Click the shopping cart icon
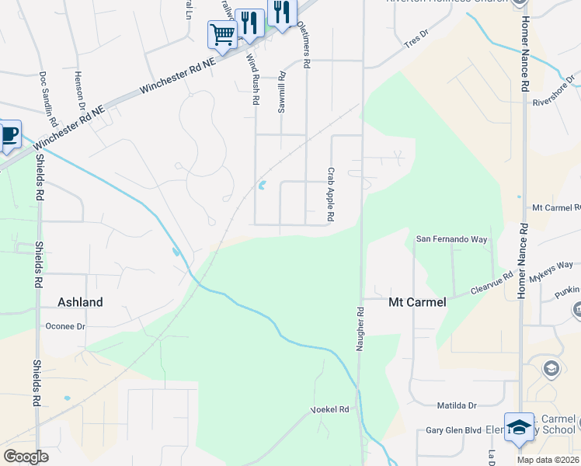(x=222, y=34)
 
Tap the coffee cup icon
(x=8, y=134)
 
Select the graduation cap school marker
(x=519, y=426)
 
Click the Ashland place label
(x=81, y=301)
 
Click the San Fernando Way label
(x=452, y=239)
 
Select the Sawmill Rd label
(x=282, y=93)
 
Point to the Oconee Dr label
(x=65, y=327)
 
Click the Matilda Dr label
(x=455, y=405)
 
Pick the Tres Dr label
(x=416, y=40)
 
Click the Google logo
(x=26, y=457)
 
